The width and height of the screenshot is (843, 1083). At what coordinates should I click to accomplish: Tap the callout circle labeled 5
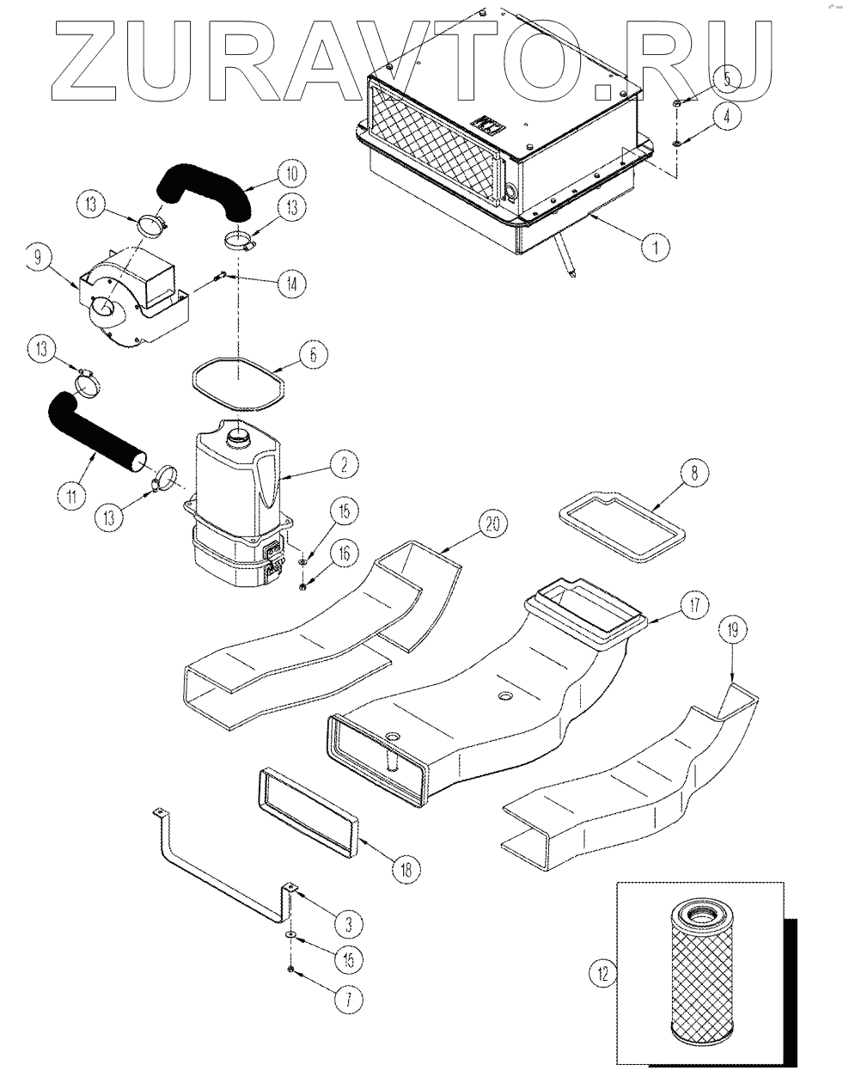pyautogui.click(x=727, y=80)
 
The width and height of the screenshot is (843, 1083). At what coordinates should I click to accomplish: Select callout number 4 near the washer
pyautogui.click(x=727, y=117)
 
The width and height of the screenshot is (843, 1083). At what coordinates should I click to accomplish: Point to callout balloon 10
pyautogui.click(x=291, y=174)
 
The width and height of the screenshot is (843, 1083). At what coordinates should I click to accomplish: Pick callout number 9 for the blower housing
pyautogui.click(x=38, y=258)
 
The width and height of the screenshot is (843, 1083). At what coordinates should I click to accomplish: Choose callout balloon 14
pyautogui.click(x=291, y=285)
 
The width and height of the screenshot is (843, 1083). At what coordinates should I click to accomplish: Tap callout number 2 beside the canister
pyautogui.click(x=344, y=465)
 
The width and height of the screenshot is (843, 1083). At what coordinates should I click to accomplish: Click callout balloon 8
pyautogui.click(x=694, y=472)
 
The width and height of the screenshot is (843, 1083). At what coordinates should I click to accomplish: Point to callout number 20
pyautogui.click(x=492, y=523)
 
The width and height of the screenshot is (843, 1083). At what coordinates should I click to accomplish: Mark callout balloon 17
pyautogui.click(x=694, y=606)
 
